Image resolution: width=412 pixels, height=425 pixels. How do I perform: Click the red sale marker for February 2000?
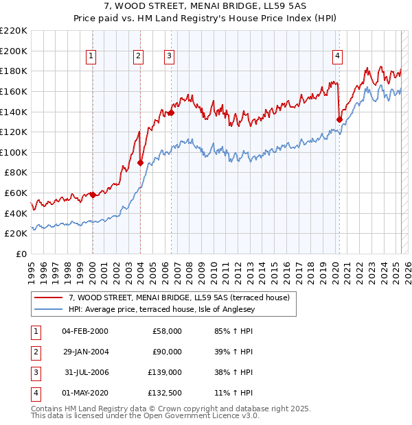click(93, 195)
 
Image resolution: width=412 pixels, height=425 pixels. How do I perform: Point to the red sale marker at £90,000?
click(140, 162)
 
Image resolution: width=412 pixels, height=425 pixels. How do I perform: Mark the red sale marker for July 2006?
click(171, 113)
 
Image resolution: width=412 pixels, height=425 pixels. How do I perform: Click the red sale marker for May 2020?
click(339, 119)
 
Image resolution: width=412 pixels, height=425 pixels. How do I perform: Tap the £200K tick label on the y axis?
click(14, 51)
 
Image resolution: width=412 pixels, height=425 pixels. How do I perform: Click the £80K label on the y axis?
click(16, 173)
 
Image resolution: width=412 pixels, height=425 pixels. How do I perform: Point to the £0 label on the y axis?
click(22, 254)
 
